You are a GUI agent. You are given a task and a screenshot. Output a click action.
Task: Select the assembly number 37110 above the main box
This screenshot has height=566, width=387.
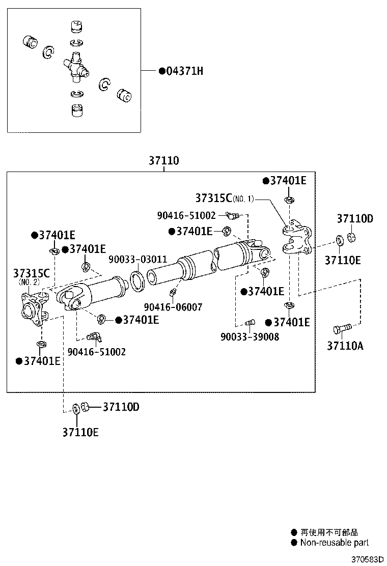[x=163, y=161]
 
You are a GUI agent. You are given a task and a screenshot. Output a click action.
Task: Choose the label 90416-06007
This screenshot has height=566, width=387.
[x=173, y=307]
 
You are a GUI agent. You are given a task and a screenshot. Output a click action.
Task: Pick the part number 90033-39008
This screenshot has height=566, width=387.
[x=250, y=336]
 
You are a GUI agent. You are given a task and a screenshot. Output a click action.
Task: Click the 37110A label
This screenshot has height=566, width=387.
[x=345, y=346]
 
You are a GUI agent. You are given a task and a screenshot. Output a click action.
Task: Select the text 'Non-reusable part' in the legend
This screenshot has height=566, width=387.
[x=335, y=543]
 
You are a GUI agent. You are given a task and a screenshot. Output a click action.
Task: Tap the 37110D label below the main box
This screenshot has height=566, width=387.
[x=121, y=407]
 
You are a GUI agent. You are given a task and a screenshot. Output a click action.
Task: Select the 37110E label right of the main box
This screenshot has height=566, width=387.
[x=343, y=260]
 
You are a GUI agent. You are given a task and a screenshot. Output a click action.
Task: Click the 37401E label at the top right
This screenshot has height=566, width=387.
[x=288, y=181]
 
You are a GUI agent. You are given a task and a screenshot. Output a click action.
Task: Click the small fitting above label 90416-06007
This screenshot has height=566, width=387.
[x=173, y=293]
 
